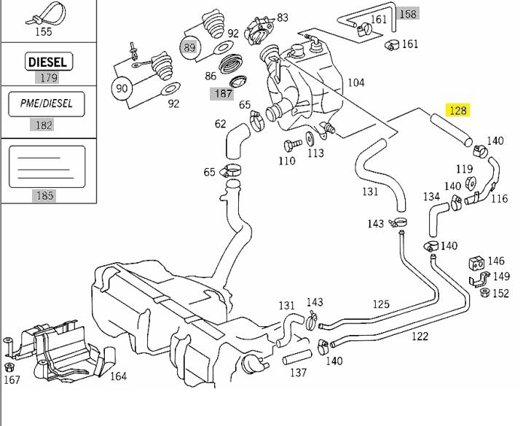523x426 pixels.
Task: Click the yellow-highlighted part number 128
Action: (x=457, y=111)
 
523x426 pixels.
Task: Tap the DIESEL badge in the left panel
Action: (x=47, y=62)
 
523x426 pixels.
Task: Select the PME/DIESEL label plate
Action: (x=45, y=104)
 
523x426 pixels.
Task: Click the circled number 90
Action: (x=122, y=88)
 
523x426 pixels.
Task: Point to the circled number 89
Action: (x=189, y=47)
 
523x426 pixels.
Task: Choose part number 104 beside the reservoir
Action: (x=355, y=82)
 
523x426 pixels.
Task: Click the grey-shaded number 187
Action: (x=222, y=93)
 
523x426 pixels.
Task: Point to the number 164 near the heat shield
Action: (x=118, y=376)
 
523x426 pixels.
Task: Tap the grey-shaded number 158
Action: (x=408, y=13)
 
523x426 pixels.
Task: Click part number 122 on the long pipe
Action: (x=420, y=336)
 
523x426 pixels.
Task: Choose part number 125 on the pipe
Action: (x=381, y=304)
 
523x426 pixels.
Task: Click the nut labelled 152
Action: (x=484, y=293)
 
